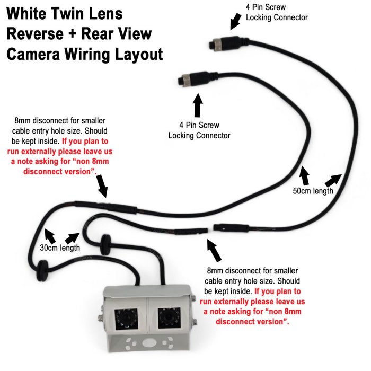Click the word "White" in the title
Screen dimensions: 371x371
point(31,14)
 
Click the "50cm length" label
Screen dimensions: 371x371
point(312,191)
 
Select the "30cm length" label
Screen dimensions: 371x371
point(60,248)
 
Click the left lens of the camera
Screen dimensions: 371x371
point(127,320)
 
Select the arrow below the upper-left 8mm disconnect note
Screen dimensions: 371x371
point(102,186)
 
